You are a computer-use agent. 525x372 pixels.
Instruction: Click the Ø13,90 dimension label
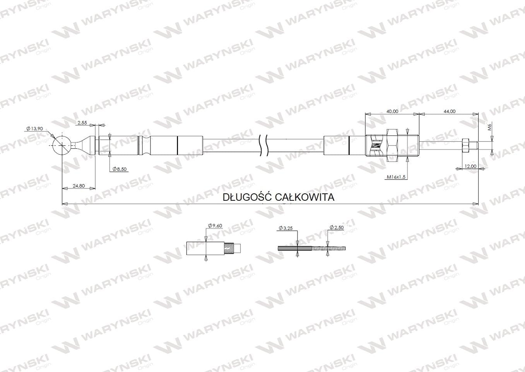(x=35, y=129)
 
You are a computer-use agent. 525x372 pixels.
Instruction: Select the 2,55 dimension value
(x=82, y=122)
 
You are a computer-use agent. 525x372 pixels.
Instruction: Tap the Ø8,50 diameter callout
(x=120, y=169)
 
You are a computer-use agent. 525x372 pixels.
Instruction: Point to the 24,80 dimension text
(x=79, y=186)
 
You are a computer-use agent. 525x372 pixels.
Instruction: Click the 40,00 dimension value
(x=392, y=111)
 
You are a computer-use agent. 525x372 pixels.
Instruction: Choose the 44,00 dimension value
(x=450, y=111)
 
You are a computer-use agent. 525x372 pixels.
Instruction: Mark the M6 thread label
(x=489, y=127)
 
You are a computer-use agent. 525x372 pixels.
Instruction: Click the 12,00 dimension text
(x=470, y=166)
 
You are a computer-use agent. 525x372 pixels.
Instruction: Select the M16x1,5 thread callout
(x=396, y=177)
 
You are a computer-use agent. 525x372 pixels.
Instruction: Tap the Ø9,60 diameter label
(x=215, y=226)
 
